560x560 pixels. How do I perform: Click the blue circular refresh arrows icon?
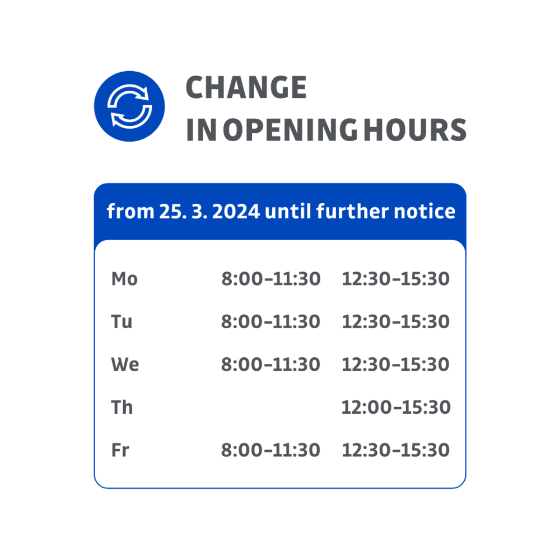tap(129, 106)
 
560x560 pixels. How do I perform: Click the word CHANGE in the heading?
tap(246, 87)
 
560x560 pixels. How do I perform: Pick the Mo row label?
tap(124, 279)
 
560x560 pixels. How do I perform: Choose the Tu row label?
tap(122, 322)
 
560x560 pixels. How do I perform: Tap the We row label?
tap(125, 365)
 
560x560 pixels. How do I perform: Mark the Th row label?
tap(122, 408)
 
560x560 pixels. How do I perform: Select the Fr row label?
tap(120, 450)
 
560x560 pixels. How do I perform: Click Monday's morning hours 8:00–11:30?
tap(270, 279)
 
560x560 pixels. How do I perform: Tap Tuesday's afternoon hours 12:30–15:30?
tap(395, 322)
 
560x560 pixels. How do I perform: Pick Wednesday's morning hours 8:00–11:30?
tap(270, 365)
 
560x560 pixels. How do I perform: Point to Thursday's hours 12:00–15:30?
tap(395, 408)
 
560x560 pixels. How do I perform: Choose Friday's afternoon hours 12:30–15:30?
tap(395, 450)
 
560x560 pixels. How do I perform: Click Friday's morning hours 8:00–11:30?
tap(270, 450)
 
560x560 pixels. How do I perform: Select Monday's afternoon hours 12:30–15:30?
tap(395, 279)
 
